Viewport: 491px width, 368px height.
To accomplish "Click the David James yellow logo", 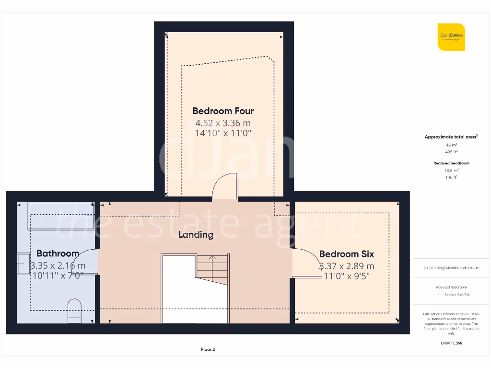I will [x=451, y=37].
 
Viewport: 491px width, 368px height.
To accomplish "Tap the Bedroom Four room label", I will [x=223, y=111].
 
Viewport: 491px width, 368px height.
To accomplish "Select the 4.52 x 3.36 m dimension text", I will [x=223, y=123].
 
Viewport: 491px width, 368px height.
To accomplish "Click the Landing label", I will [x=196, y=235].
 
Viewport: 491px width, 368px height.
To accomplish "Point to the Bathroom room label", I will [x=58, y=253].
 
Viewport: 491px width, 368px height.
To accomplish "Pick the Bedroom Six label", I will [x=346, y=254].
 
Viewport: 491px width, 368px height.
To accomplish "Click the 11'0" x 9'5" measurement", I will [x=347, y=276].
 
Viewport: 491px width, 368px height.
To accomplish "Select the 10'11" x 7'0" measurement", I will [x=57, y=276].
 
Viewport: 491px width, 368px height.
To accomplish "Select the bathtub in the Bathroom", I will [x=61, y=209].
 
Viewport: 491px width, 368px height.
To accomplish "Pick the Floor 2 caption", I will [x=208, y=349].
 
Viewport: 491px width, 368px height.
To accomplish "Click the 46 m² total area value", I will [x=451, y=144].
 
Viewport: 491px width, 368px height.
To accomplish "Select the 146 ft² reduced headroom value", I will [x=451, y=177].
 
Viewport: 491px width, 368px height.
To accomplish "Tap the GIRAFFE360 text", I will [x=451, y=343].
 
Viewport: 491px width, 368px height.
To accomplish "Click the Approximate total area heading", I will [x=451, y=137].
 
